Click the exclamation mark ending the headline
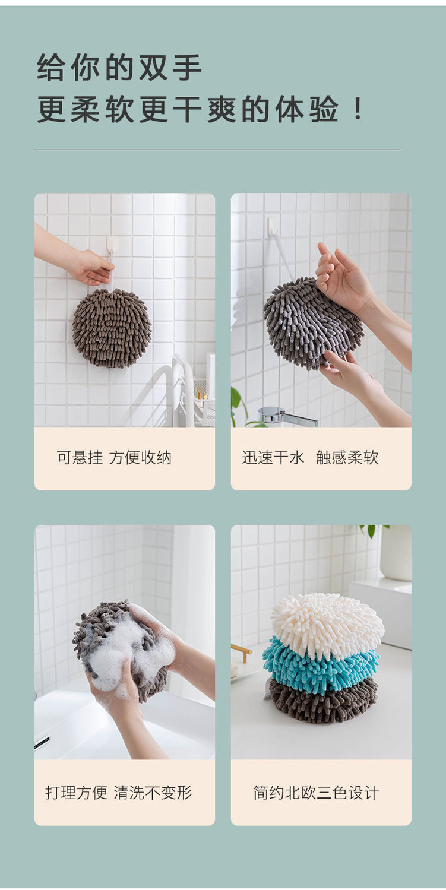click(x=358, y=109)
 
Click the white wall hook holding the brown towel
click(x=112, y=246)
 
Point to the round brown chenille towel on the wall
click(x=112, y=327)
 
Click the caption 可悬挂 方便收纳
click(x=114, y=458)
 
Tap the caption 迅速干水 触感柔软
click(x=310, y=458)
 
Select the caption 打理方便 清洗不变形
click(x=118, y=793)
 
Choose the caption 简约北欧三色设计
click(x=316, y=793)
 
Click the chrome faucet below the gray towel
click(x=287, y=417)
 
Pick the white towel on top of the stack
click(x=327, y=623)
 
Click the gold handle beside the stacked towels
click(x=241, y=652)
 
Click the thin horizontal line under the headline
click(x=218, y=150)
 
